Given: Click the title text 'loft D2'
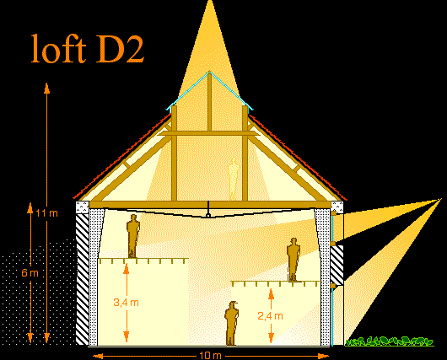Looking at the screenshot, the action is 87,48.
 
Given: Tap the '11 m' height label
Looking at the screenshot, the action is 47,213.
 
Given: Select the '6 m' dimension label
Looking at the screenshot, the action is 30,273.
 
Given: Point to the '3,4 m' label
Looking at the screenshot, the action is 126,302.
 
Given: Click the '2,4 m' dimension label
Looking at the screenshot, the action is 270,316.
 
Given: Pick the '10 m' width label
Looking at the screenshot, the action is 210,356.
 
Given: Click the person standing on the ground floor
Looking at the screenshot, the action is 231,323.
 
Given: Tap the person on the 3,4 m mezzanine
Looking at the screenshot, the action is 133,236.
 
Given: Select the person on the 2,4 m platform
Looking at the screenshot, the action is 294,260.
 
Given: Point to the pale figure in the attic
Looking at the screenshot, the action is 234,179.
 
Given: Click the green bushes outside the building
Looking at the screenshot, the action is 389,341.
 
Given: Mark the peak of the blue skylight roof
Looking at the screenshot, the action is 209,72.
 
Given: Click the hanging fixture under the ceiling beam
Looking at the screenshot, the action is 208,214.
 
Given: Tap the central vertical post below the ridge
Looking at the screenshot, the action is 209,102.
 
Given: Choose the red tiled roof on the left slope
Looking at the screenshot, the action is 122,156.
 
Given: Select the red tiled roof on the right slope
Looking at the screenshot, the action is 298,157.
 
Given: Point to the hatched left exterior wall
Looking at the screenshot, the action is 83,278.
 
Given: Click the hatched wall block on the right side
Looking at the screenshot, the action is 337,266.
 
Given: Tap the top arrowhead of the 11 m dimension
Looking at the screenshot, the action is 46,88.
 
